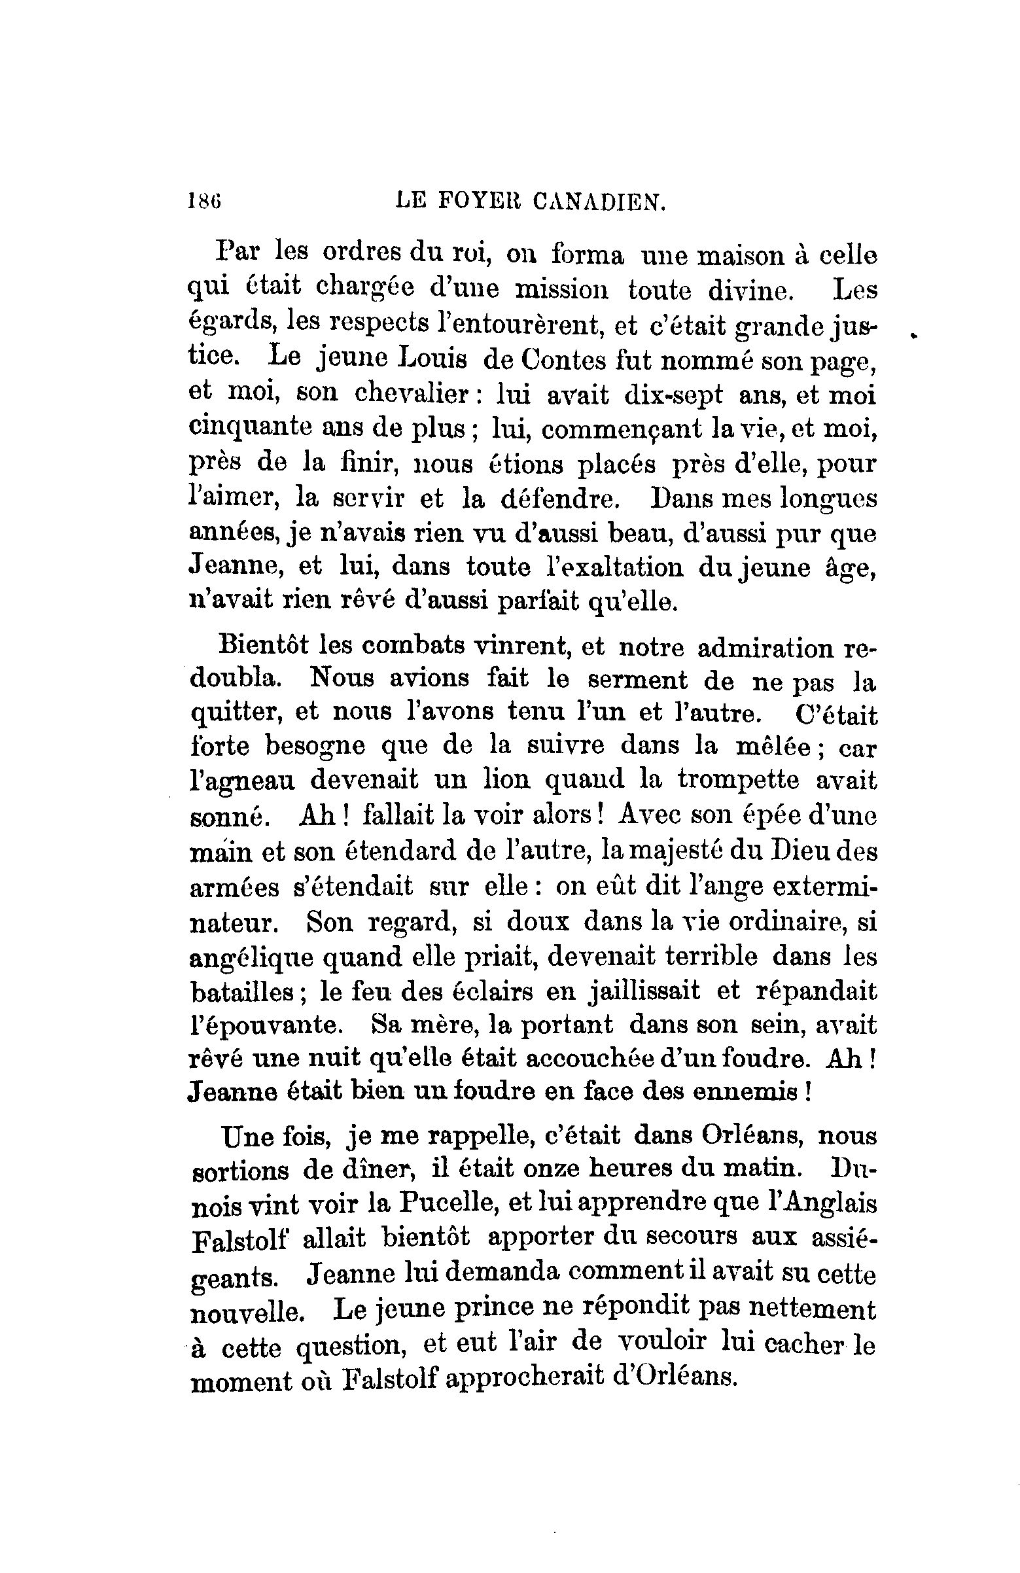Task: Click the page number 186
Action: (203, 200)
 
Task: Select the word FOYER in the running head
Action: (476, 201)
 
